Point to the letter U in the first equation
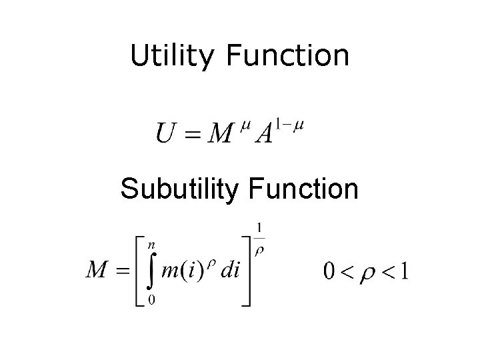pyautogui.click(x=167, y=133)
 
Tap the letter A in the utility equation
pyautogui.click(x=263, y=133)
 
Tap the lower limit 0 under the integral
pyautogui.click(x=152, y=301)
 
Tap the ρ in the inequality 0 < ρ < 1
pyautogui.click(x=367, y=273)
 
